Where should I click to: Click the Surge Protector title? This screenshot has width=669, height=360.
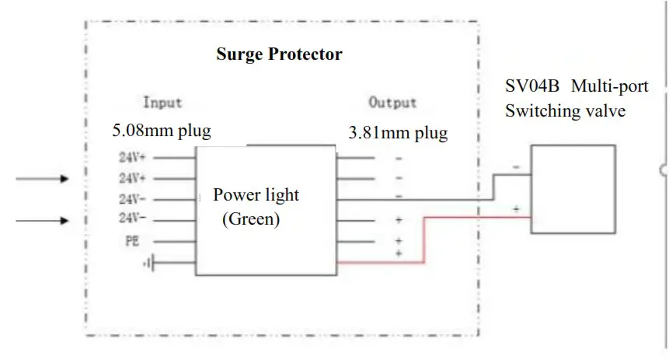(x=279, y=55)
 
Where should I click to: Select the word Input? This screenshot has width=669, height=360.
(x=162, y=102)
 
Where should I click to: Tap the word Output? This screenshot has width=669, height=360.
(x=392, y=102)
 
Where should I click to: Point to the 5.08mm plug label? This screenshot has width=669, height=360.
(x=162, y=130)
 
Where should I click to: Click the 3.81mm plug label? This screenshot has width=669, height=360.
(x=398, y=133)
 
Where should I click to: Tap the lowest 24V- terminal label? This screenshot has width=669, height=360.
(x=132, y=218)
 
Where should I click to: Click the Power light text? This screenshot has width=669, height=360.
(x=256, y=194)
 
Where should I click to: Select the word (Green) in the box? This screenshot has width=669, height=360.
(x=250, y=219)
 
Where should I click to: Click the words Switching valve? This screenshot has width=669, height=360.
(x=565, y=110)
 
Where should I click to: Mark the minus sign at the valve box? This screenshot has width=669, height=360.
(x=516, y=167)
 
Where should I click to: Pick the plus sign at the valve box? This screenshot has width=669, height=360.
(x=516, y=208)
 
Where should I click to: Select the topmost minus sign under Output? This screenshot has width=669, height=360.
(x=399, y=159)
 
